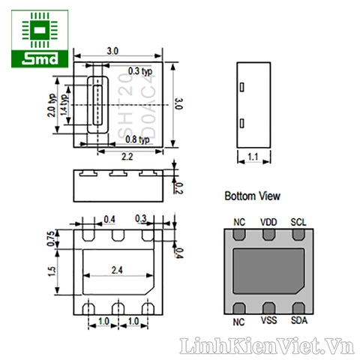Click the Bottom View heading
click(x=253, y=196)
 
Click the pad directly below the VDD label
click(x=268, y=235)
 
